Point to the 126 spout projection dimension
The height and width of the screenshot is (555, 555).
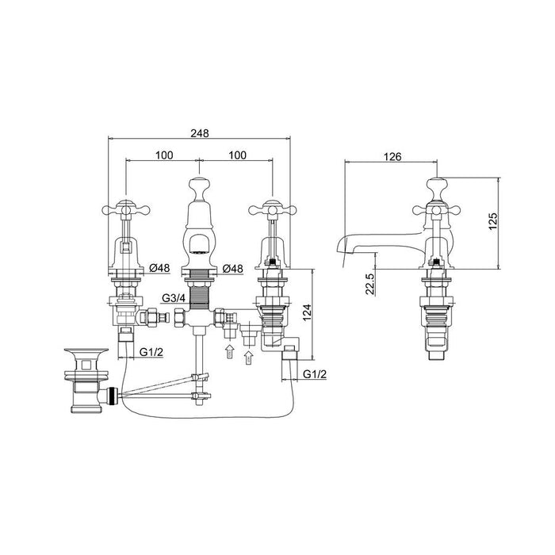click(392, 155)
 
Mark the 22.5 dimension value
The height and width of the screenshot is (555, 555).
click(369, 282)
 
